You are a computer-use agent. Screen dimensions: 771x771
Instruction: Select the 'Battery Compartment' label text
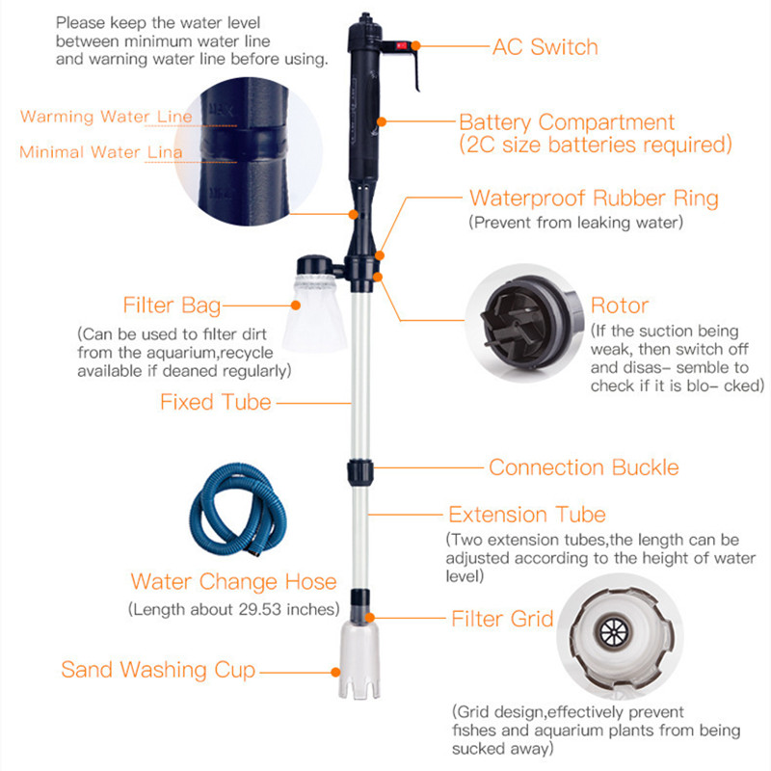click(x=567, y=123)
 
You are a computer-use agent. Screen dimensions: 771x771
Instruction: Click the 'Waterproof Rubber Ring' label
click(x=594, y=199)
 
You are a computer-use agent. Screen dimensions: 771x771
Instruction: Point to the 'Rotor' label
click(x=619, y=306)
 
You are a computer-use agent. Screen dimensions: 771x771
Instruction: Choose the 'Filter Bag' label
click(x=172, y=306)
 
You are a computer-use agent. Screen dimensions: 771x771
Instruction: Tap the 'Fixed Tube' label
click(x=216, y=401)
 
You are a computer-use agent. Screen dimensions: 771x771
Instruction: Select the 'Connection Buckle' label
click(x=583, y=467)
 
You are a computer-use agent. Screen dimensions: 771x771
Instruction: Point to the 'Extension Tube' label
click(x=527, y=515)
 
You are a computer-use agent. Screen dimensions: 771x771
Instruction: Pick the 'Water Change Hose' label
click(x=234, y=581)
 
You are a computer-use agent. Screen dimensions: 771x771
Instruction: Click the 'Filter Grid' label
click(x=502, y=618)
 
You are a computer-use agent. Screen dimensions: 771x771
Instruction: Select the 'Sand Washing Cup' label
click(x=158, y=669)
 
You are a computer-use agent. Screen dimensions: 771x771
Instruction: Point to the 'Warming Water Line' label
click(x=106, y=117)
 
